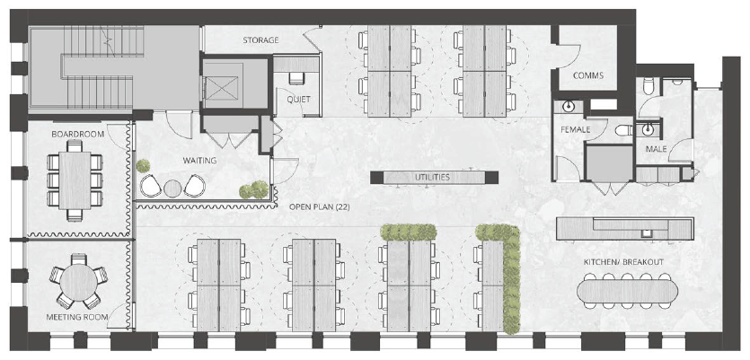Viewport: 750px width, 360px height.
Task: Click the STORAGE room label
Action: pyautogui.click(x=260, y=40)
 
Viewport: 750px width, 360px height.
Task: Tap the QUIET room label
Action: pyautogui.click(x=298, y=100)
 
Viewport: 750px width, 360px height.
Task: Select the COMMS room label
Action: pyautogui.click(x=587, y=75)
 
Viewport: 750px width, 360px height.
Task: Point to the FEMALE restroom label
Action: pyautogui.click(x=576, y=129)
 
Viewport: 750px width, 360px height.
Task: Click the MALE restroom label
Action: pyautogui.click(x=657, y=149)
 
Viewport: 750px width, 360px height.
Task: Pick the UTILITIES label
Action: pyautogui.click(x=432, y=178)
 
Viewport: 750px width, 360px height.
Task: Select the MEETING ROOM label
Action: pyautogui.click(x=76, y=317)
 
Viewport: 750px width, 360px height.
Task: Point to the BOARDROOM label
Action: pyautogui.click(x=77, y=135)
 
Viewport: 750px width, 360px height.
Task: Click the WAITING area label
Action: pyautogui.click(x=199, y=160)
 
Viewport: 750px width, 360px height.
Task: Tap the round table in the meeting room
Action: pyautogui.click(x=78, y=282)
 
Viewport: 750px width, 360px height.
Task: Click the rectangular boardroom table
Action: pyautogui.click(x=75, y=180)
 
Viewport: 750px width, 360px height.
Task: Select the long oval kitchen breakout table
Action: pyautogui.click(x=628, y=292)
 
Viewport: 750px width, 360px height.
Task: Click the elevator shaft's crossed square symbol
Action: pyautogui.click(x=222, y=88)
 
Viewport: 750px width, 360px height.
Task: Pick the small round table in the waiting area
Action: pyautogui.click(x=172, y=189)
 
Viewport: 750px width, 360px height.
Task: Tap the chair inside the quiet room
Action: pyautogui.click(x=296, y=79)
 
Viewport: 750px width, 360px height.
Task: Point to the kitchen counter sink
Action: pyautogui.click(x=646, y=233)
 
